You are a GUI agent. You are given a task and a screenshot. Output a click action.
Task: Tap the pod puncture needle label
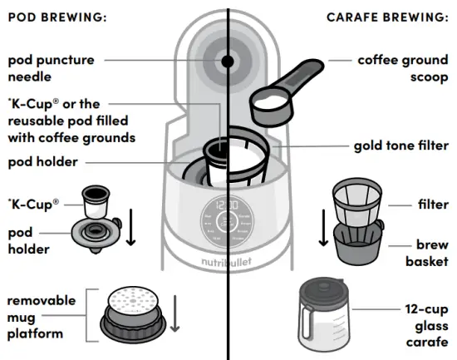51,68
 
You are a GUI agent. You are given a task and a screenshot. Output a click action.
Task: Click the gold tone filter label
400,145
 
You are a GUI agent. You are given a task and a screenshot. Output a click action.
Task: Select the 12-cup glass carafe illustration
327,317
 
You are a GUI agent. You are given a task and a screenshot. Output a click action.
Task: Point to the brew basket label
427,254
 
